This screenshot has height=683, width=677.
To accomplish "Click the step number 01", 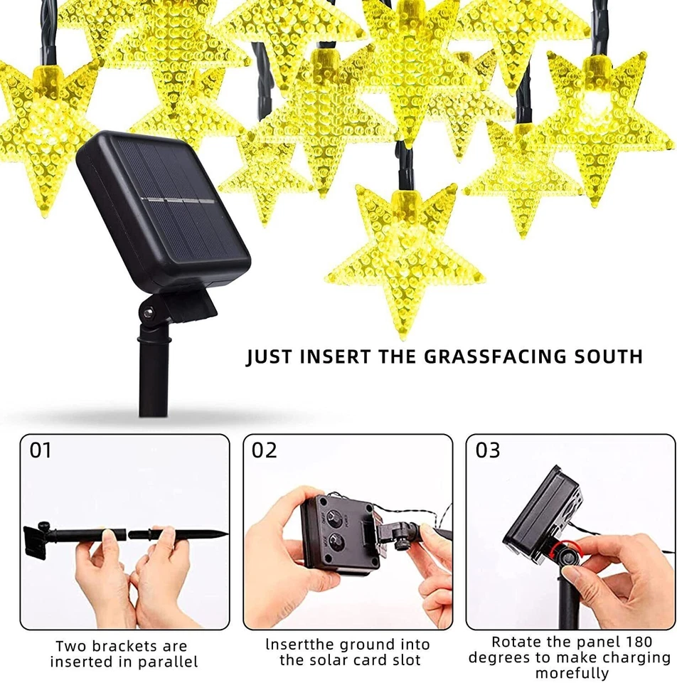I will (41, 450).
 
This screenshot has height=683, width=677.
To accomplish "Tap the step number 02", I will (264, 450).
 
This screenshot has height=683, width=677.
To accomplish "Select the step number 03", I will (488, 450).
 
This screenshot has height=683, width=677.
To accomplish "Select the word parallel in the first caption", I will (164, 662).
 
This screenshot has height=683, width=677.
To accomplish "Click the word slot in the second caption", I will (405, 660).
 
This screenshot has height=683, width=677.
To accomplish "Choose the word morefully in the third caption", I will (572, 673).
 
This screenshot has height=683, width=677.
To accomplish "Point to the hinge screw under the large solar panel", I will (148, 313).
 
